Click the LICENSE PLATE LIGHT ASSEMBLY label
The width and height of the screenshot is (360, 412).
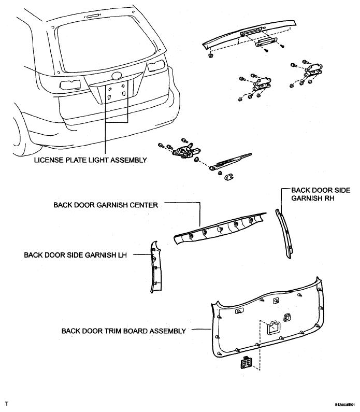pyautogui.click(x=90, y=160)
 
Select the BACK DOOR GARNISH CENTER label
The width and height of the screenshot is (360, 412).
pyautogui.click(x=106, y=205)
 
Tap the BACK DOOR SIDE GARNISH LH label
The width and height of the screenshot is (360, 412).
pyautogui.click(x=75, y=255)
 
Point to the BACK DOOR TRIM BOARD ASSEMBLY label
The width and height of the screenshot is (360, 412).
pyautogui.click(x=124, y=331)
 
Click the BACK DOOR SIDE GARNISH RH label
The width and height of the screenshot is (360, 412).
pyautogui.click(x=321, y=194)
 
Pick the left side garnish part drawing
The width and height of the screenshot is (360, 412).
pyautogui.click(x=156, y=267)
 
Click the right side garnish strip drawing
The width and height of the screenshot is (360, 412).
pyautogui.click(x=284, y=234)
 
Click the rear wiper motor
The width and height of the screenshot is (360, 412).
pyautogui.click(x=186, y=151)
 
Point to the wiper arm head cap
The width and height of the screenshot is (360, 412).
pyautogui.click(x=229, y=177)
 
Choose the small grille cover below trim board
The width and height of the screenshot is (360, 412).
pyautogui.click(x=246, y=363)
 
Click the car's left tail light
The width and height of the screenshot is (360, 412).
pyautogui.click(x=70, y=85)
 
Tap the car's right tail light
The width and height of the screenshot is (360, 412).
pyautogui.click(x=156, y=66)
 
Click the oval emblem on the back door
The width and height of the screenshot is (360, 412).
pyautogui.click(x=117, y=76)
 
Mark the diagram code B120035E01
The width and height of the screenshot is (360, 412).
pyautogui.click(x=346, y=405)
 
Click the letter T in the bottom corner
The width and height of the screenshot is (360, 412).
pyautogui.click(x=7, y=404)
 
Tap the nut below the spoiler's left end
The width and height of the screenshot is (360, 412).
pyautogui.click(x=210, y=55)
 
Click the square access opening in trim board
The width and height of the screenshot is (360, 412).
pyautogui.click(x=273, y=328)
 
